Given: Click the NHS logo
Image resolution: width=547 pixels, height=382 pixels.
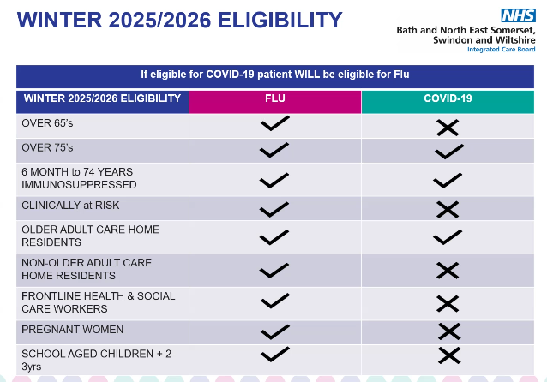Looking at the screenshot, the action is pyautogui.click(x=518, y=15).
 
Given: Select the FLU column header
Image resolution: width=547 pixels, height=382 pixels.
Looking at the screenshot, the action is pyautogui.click(x=275, y=98).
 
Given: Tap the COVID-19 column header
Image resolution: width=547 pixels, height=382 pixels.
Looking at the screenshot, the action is pyautogui.click(x=448, y=98).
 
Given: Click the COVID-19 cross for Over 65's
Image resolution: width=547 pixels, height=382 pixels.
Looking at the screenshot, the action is pyautogui.click(x=448, y=128).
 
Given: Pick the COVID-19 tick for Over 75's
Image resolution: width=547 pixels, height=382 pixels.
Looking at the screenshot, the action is pyautogui.click(x=449, y=152).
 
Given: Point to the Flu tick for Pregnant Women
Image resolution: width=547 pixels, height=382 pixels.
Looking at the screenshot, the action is pyautogui.click(x=275, y=331).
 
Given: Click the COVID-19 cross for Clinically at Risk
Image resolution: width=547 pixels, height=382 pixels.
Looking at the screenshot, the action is pyautogui.click(x=448, y=210).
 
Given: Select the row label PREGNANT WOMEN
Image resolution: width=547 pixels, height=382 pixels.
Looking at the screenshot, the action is pyautogui.click(x=73, y=330).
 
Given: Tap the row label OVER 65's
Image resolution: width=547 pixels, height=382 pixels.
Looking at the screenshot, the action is pyautogui.click(x=47, y=123).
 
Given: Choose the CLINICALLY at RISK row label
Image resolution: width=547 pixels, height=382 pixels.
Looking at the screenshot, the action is pyautogui.click(x=70, y=206).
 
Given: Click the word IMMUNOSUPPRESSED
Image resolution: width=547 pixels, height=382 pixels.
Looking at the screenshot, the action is pyautogui.click(x=79, y=185).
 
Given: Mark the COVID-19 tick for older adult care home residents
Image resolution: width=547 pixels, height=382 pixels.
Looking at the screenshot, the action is pyautogui.click(x=448, y=237).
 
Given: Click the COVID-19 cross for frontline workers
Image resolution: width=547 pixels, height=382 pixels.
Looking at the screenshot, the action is pyautogui.click(x=448, y=303).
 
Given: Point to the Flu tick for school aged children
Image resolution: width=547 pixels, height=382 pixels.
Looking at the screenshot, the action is pyautogui.click(x=275, y=354).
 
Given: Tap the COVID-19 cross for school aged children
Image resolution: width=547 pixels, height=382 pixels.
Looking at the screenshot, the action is pyautogui.click(x=449, y=355).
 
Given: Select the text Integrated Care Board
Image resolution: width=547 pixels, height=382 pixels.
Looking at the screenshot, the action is pyautogui.click(x=502, y=50).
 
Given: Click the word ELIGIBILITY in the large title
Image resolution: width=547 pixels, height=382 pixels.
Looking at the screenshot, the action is pyautogui.click(x=280, y=20).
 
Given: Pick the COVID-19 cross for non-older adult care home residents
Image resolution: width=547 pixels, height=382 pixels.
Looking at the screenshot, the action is pyautogui.click(x=448, y=271).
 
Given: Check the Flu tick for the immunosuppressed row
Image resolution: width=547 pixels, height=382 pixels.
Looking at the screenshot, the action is pyautogui.click(x=274, y=180).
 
